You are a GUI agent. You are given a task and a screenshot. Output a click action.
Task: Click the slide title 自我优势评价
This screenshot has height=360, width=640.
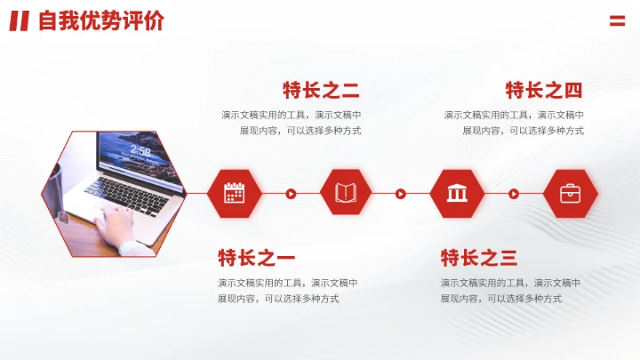tap(100, 21)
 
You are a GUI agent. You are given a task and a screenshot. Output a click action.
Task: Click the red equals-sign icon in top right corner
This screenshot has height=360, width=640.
tap(617, 21)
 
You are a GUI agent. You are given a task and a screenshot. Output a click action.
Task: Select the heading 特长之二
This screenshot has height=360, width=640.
tap(321, 90)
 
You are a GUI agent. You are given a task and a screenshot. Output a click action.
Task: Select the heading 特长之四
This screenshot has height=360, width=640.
tap(544, 90)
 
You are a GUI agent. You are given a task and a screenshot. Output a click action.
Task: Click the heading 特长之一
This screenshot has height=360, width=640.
tap(256, 259)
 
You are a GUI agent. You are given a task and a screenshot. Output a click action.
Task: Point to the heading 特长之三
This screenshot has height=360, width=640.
tap(479, 259)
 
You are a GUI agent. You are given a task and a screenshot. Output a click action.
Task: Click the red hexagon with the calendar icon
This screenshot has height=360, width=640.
tap(234, 193)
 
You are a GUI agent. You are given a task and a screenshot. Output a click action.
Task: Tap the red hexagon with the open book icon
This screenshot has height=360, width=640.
tap(345, 193)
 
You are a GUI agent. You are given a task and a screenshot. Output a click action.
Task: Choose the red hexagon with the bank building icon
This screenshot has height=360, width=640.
tap(457, 193)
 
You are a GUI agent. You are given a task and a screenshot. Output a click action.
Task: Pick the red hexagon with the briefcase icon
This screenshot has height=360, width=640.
tap(570, 193)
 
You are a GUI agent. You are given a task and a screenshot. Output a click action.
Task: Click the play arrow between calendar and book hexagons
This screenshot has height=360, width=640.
tap(291, 193)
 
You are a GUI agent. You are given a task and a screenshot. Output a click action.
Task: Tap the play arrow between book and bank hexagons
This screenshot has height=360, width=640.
tap(401, 193)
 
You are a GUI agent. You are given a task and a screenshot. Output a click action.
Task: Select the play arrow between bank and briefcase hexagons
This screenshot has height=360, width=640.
tap(514, 193)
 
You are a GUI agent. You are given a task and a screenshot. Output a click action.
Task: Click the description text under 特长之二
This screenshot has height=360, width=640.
tap(292, 123)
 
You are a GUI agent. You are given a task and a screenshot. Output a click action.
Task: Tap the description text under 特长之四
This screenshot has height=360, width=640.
tap(514, 123)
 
